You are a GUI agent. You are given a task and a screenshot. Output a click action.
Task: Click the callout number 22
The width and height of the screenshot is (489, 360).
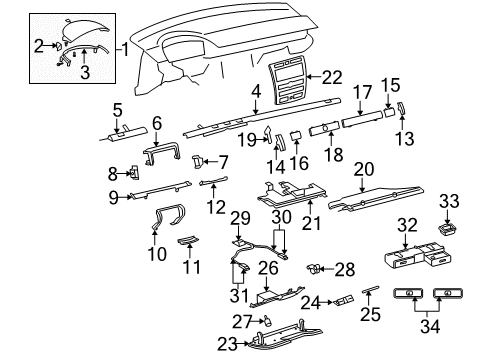point(332,77)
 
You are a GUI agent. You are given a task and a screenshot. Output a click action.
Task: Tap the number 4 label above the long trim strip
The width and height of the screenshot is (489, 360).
point(256,93)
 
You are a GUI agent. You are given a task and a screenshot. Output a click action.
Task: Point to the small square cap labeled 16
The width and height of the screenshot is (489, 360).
point(296,136)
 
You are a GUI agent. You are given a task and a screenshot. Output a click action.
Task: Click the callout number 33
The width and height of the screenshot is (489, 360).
point(449,201)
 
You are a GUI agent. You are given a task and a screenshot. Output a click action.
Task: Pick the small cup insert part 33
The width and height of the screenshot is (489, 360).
point(447,230)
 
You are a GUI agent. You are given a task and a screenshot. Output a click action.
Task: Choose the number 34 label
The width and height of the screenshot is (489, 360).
point(430,326)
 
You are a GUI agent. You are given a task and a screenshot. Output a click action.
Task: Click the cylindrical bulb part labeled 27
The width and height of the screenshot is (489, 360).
point(267,321)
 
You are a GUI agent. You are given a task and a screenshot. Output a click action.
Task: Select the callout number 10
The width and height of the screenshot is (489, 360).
point(157,254)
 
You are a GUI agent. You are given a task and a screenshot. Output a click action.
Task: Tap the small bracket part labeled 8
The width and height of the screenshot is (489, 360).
point(135,172)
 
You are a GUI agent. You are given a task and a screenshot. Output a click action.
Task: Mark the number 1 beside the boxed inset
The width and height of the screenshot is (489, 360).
point(124,50)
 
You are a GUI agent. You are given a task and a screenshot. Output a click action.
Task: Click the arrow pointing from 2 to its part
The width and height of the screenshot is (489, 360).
point(50,46)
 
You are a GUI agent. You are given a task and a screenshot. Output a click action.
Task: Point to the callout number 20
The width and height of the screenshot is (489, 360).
point(364,169)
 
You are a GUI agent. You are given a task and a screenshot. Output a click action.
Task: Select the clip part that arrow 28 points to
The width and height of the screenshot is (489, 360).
point(314,268)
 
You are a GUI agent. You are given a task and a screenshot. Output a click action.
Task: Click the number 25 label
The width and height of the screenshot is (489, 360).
point(370,314)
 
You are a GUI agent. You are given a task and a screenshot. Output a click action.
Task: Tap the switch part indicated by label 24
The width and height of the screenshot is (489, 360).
point(342,300)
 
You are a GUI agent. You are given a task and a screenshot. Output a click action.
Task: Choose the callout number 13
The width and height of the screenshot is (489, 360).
point(405,138)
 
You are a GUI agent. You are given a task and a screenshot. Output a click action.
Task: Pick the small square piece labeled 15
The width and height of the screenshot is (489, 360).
point(389,111)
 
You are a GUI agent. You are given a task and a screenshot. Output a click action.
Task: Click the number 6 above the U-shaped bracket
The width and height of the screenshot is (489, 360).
point(157,123)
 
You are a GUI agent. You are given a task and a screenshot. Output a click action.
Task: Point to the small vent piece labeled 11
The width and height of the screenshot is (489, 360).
point(188,240)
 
